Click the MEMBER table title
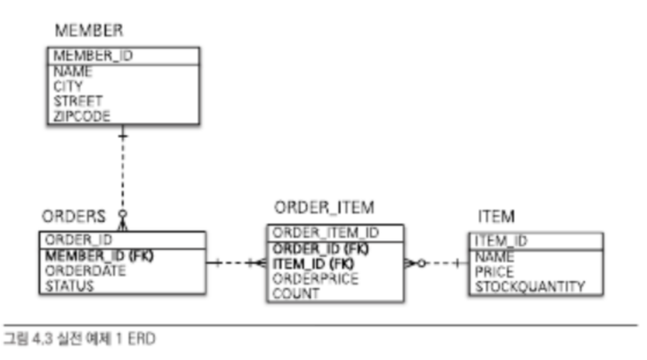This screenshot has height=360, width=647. [88, 30]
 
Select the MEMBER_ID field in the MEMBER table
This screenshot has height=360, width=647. [93, 55]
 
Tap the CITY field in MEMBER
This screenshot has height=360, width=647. [68, 86]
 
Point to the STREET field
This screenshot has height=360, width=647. [78, 101]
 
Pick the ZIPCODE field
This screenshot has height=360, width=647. [81, 115]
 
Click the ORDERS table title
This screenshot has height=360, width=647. [74, 217]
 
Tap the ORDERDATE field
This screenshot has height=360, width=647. [85, 271]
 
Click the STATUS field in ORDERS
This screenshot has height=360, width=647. [70, 286]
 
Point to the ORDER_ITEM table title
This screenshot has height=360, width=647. [324, 207]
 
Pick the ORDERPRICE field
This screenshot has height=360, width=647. [315, 279]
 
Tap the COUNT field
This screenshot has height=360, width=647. [296, 294]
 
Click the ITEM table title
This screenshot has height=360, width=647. [496, 217]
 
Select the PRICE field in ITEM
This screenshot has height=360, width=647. [494, 272]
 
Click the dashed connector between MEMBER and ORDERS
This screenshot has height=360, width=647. [123, 174]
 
